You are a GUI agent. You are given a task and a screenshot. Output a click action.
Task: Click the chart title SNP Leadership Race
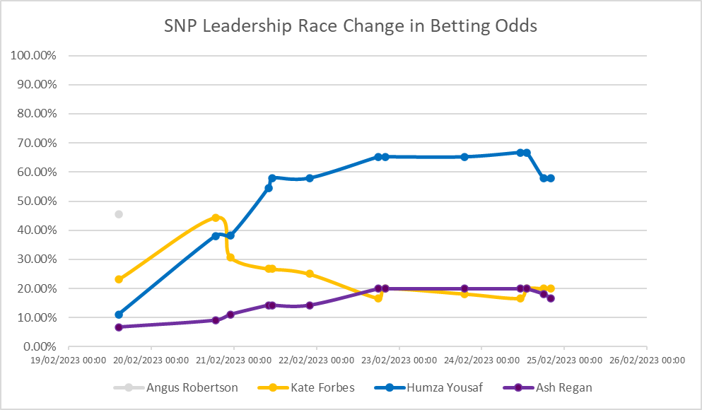pyautogui.click(x=350, y=26)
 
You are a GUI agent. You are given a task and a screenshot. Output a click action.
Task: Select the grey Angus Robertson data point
pyautogui.click(x=119, y=214)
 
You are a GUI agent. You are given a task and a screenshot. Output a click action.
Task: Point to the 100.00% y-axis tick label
pyautogui.click(x=34, y=56)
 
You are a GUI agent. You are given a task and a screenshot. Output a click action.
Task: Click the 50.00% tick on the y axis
pyautogui.click(x=36, y=201)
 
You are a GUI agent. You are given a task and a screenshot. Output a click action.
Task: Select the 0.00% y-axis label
pyautogui.click(x=39, y=347)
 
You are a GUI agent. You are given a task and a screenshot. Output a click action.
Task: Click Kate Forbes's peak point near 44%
pyautogui.click(x=216, y=218)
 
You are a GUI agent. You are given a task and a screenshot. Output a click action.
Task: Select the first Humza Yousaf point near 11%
pyautogui.click(x=119, y=315)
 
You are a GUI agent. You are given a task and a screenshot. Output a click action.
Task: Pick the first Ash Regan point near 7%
pyautogui.click(x=119, y=327)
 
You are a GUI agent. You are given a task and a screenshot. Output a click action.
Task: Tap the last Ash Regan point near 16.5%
pyautogui.click(x=551, y=298)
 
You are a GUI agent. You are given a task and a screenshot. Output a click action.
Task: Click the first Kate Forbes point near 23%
pyautogui.click(x=119, y=279)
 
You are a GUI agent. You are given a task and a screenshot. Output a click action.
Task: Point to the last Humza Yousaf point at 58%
pyautogui.click(x=551, y=178)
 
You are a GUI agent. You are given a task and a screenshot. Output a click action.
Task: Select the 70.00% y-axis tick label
pyautogui.click(x=36, y=143)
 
